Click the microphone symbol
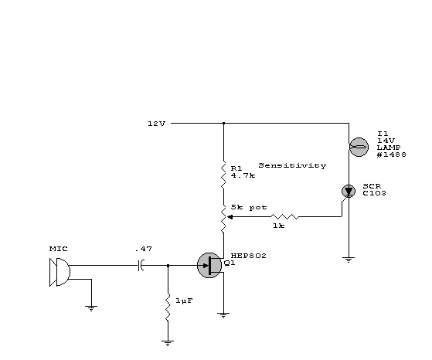pos(60,272)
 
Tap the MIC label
pos(59,249)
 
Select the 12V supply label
pos(157,124)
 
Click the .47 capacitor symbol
pos(141,265)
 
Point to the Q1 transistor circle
pos(209,265)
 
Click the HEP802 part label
pos(249,256)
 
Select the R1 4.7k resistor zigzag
pos(223,175)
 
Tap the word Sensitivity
pos(292,165)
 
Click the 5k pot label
pos(249,207)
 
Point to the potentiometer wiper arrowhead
pos(230,217)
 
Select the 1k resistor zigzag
pos(284,217)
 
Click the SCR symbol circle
pos(349,191)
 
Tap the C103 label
pos(374,193)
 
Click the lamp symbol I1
pos(359,147)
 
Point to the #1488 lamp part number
pos(392,155)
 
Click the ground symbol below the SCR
pos(349,260)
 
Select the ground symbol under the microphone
pos(91,308)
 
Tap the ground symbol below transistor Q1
pos(223,315)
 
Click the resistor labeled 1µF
pos(168,307)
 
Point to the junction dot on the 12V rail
pos(223,123)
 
